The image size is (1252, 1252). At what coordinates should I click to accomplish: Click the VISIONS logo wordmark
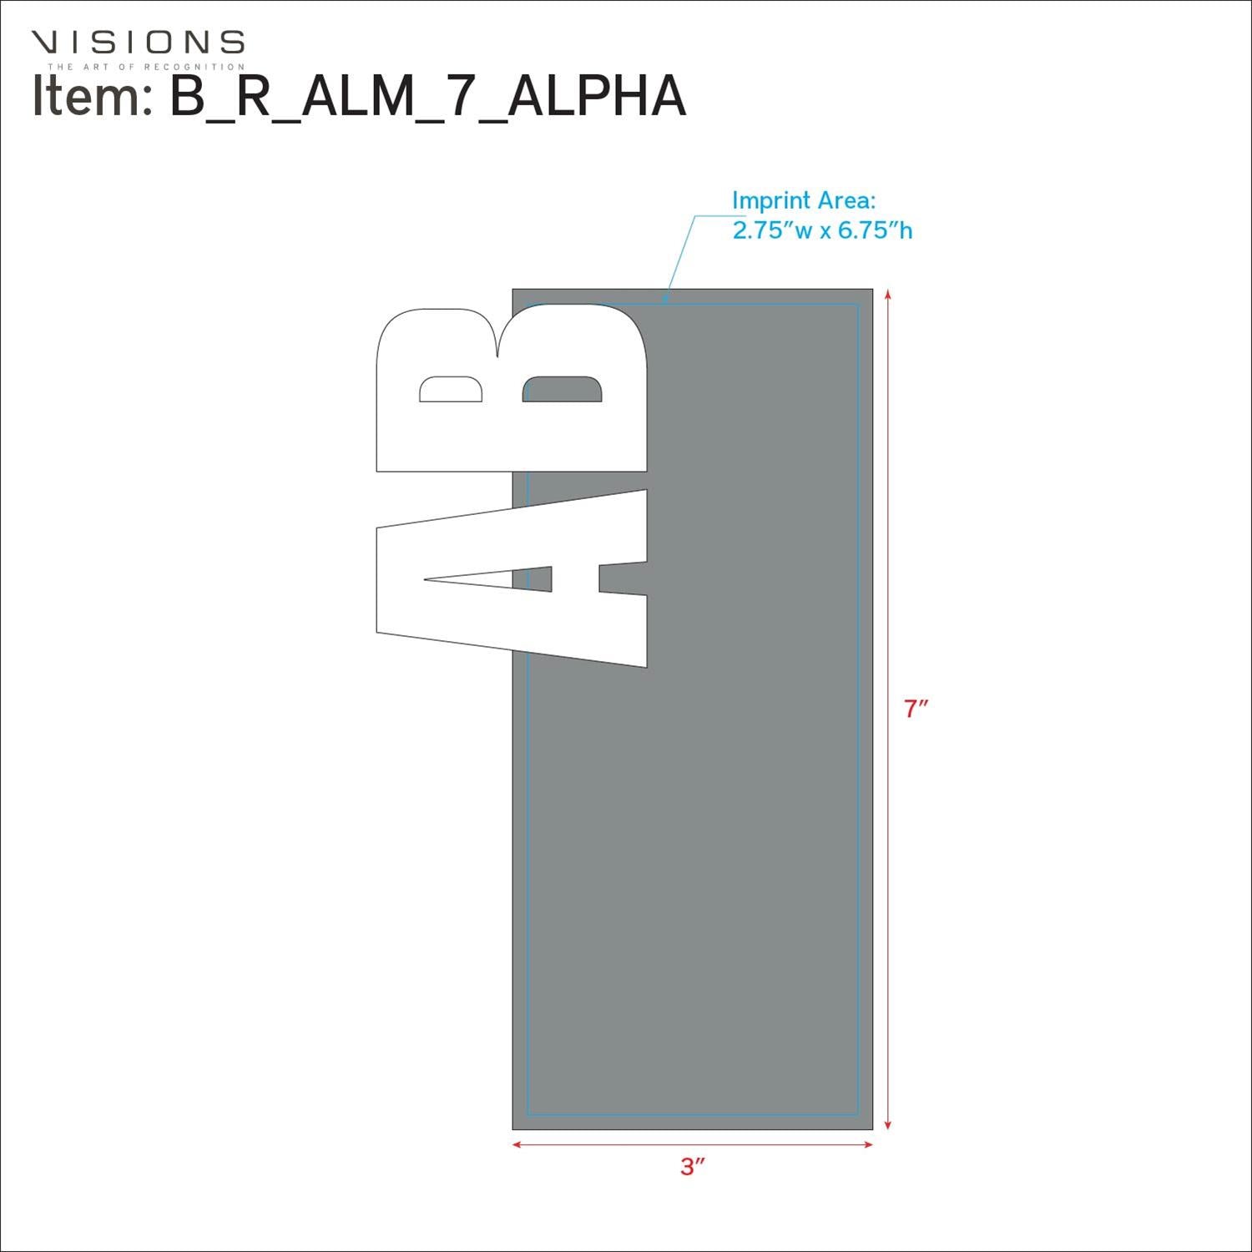138,42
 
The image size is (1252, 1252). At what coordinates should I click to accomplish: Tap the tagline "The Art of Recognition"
146,67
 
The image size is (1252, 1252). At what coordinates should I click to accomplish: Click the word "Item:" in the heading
90,95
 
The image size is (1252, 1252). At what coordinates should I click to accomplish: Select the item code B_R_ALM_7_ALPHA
428,97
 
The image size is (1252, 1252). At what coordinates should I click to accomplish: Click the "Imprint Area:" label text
804,200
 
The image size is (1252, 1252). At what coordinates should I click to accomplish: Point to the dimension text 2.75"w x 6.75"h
822,230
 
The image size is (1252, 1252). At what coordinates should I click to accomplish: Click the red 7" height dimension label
916,709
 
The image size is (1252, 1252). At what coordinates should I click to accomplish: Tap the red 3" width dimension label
693,1167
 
